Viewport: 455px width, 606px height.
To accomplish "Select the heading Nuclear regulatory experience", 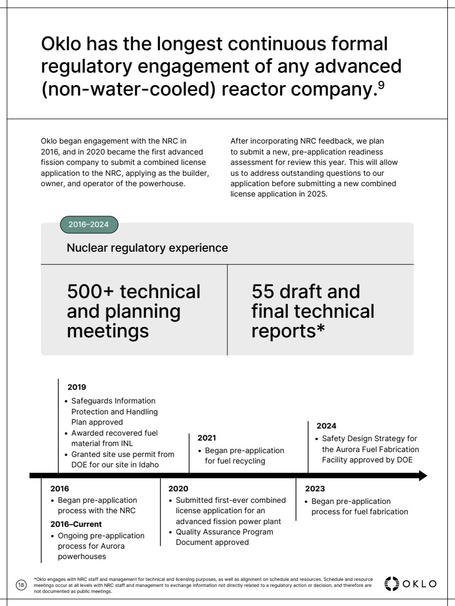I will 147,248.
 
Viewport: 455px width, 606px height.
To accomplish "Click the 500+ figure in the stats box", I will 88,292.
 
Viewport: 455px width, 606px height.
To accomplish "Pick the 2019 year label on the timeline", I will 77,387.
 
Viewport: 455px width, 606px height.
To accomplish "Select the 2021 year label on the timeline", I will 206,438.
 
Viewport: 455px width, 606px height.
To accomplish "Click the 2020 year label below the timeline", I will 178,488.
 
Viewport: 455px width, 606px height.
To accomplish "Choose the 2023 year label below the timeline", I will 315,488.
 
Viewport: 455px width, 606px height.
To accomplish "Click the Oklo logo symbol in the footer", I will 392,583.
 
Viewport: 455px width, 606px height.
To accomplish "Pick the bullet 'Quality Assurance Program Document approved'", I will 224,537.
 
